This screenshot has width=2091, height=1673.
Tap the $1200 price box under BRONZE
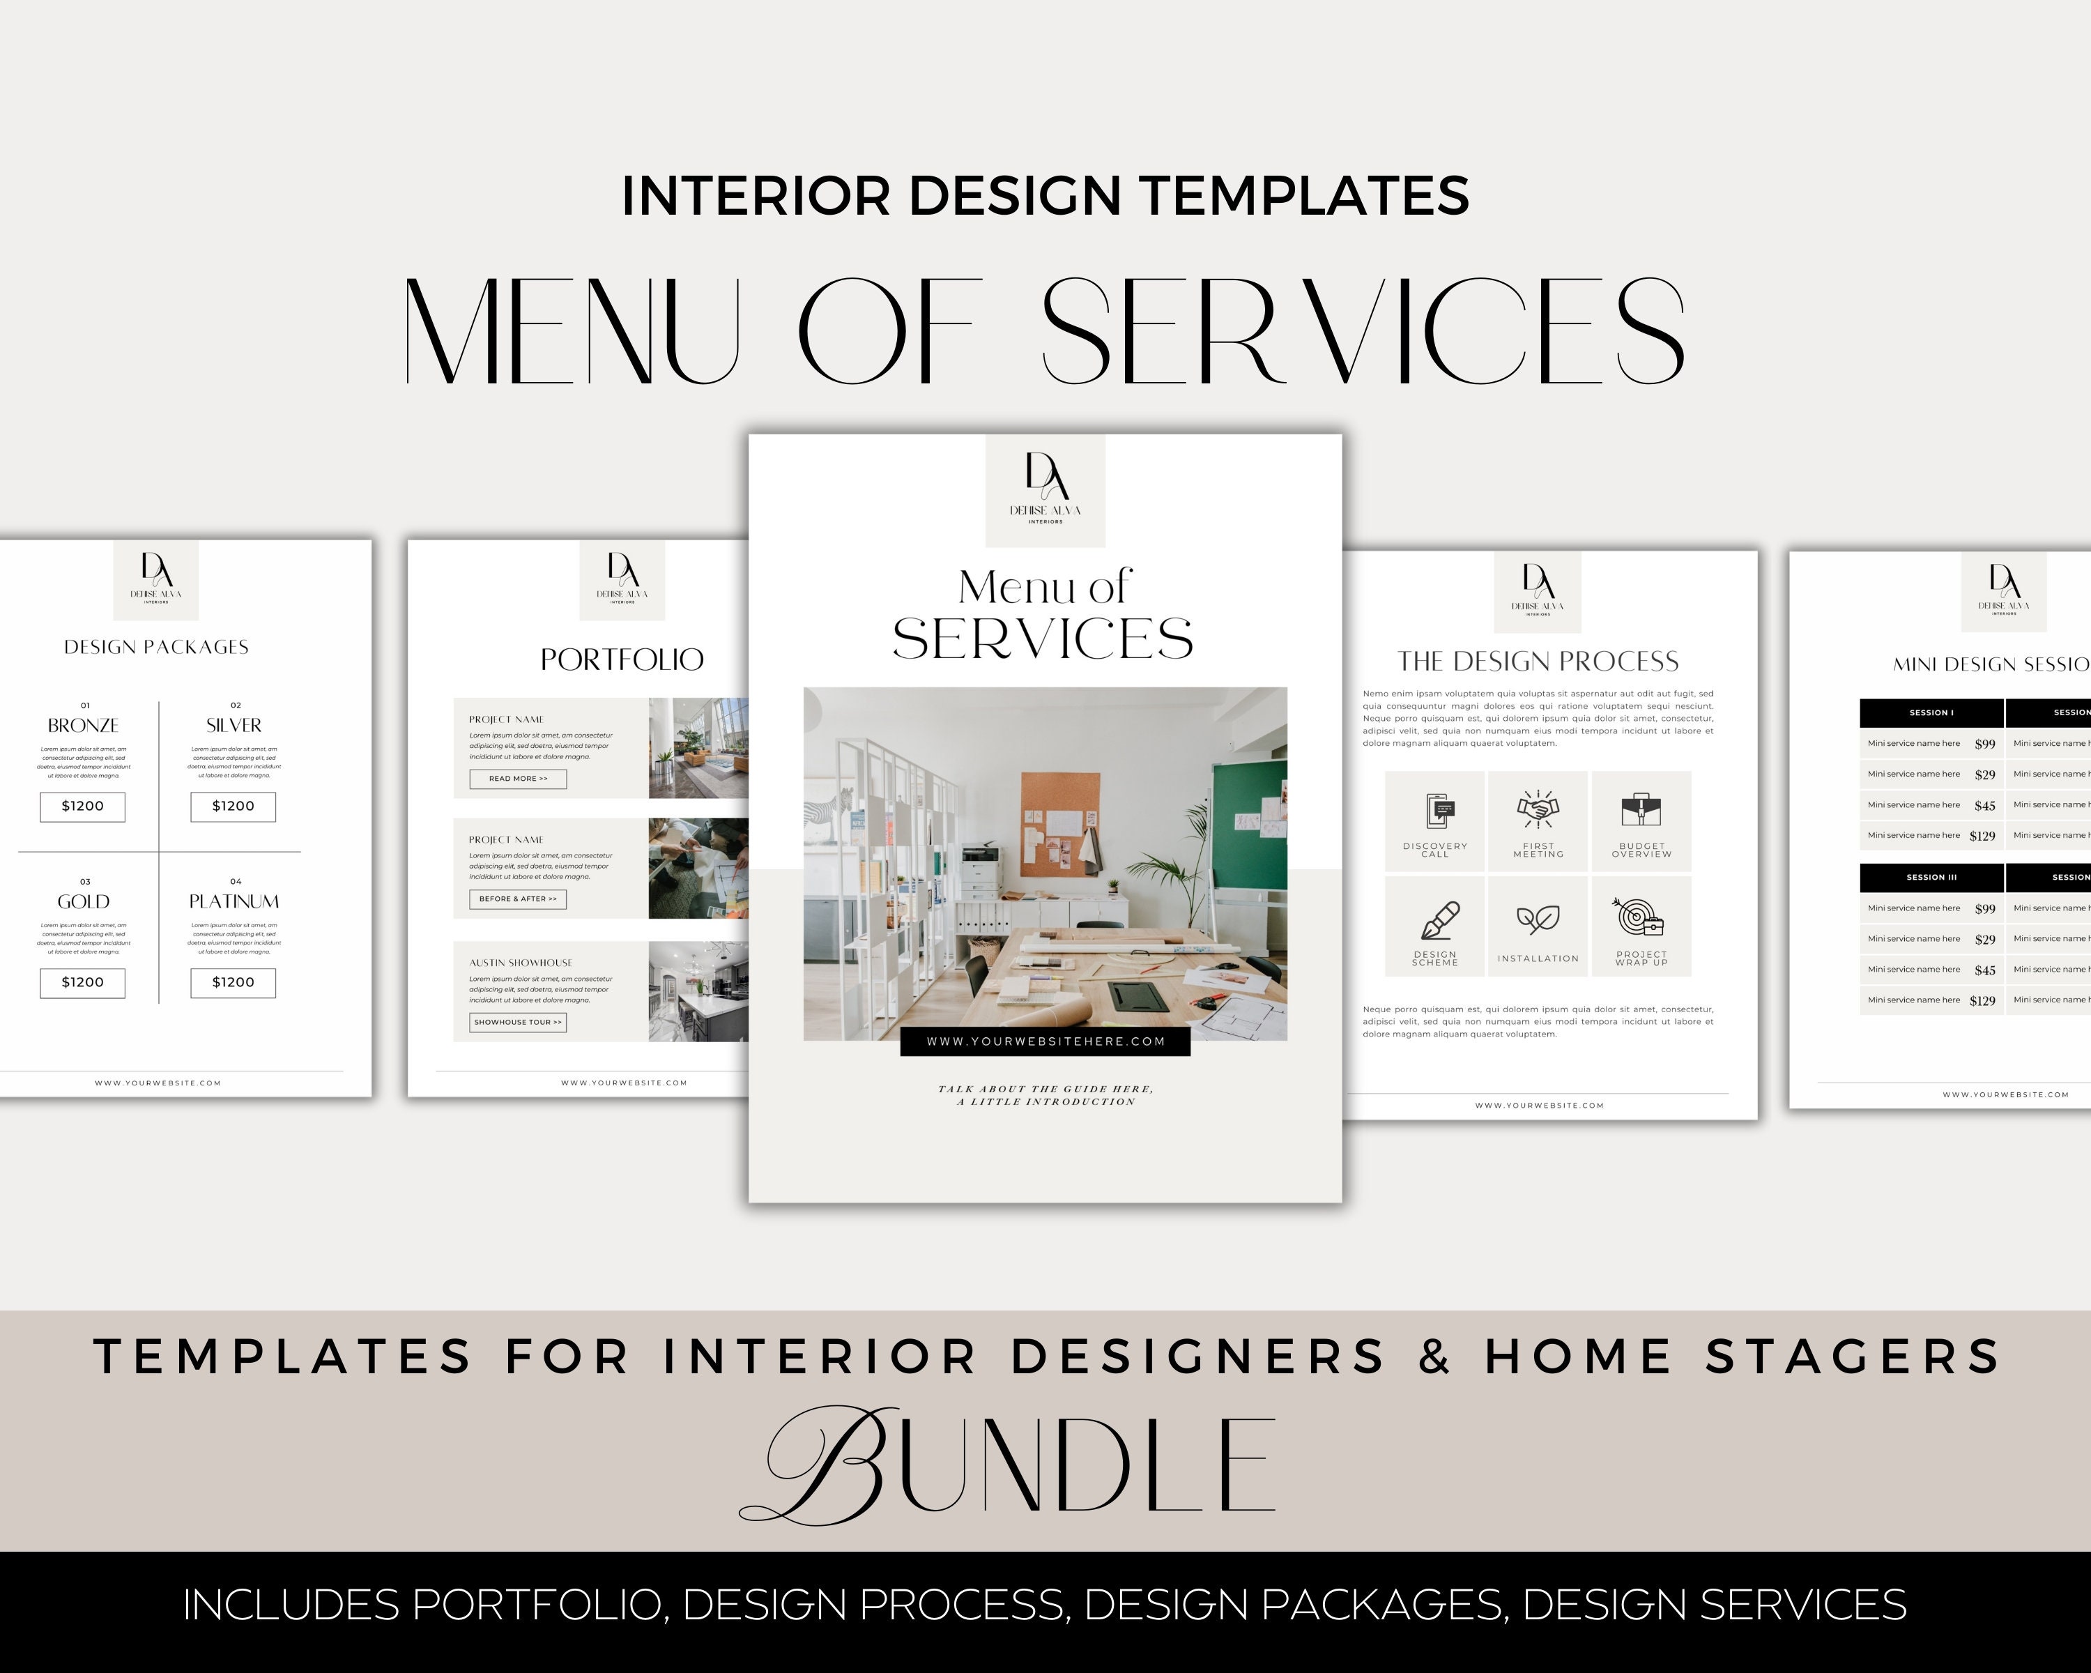pos(82,806)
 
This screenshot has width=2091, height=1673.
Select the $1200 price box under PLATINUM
pos(233,982)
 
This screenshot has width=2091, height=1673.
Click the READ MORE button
pos(518,779)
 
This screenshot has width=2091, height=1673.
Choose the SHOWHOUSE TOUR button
pos(518,1022)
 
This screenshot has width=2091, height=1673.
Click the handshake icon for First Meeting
pos(1538,809)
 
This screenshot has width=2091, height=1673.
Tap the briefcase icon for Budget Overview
pos(1641,809)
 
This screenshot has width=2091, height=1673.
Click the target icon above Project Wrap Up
pos(1639,917)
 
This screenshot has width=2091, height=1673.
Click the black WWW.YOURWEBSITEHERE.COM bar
pos(1045,1041)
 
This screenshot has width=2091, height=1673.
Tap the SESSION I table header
pos(1931,713)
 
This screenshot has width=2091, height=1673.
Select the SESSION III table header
pos(1931,878)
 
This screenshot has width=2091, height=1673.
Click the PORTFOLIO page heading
pos(622,659)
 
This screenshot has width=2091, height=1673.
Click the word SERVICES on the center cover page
pos(1043,639)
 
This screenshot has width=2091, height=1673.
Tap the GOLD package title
pos(84,902)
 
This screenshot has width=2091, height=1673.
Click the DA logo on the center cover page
pos(1045,478)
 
